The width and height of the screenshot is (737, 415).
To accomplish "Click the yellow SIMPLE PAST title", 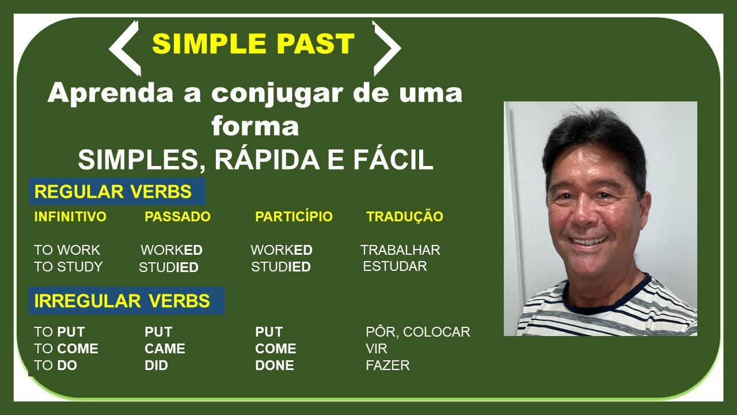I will click(x=253, y=44).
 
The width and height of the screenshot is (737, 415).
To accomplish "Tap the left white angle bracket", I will click(x=123, y=48).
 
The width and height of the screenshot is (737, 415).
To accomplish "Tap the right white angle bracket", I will click(x=387, y=48).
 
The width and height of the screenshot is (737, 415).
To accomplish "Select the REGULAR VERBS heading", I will click(x=113, y=192).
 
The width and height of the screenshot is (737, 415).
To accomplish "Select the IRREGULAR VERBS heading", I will click(x=122, y=301).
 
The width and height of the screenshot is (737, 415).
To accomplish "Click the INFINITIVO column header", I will click(x=70, y=217).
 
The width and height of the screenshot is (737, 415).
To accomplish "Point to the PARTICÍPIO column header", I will click(x=294, y=217).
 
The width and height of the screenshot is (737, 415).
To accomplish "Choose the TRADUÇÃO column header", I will click(x=405, y=217).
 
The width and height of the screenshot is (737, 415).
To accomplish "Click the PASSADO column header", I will click(x=177, y=217).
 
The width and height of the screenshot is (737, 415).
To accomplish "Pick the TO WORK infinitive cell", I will click(x=67, y=250).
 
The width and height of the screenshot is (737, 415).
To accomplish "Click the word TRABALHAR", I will click(x=400, y=250).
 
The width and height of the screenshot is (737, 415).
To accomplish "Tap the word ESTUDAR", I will click(x=395, y=266).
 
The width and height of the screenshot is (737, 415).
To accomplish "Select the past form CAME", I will click(x=165, y=349).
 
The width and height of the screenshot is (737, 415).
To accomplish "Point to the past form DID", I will click(x=156, y=365).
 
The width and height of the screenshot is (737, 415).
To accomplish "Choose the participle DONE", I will click(x=275, y=365).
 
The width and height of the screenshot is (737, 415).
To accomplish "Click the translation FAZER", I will click(x=388, y=365).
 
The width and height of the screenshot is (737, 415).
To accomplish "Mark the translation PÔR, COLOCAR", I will click(x=418, y=332).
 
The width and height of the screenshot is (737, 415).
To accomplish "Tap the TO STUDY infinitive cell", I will click(x=68, y=267).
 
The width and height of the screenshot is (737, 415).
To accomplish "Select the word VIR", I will click(x=377, y=349).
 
